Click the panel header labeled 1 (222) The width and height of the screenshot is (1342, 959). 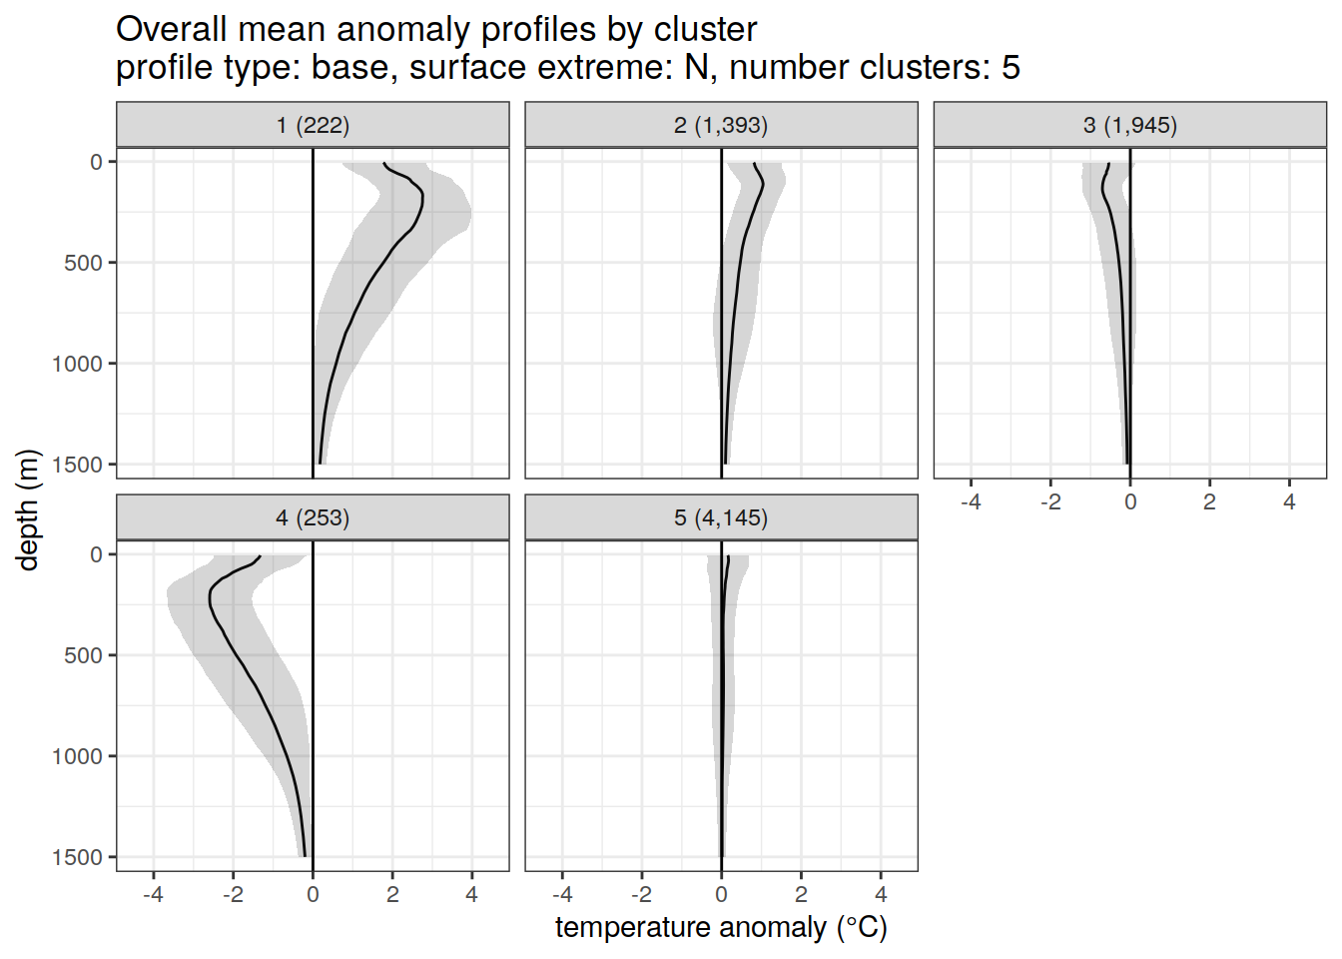313,126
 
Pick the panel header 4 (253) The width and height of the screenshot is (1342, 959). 313,518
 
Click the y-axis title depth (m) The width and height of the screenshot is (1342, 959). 28,509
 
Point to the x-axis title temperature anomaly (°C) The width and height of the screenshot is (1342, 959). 721,928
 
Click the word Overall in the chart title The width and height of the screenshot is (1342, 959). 172,30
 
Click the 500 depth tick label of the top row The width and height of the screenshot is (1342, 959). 84,263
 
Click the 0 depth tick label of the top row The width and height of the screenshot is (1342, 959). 97,162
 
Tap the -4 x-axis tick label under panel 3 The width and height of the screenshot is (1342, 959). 971,502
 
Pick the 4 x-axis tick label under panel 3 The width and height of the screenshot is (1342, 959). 1289,502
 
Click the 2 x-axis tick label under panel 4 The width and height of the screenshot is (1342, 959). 392,895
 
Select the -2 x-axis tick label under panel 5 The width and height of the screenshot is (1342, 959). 641,895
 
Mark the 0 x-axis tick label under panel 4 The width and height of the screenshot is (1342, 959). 313,895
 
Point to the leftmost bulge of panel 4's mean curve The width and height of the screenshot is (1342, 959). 210,597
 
